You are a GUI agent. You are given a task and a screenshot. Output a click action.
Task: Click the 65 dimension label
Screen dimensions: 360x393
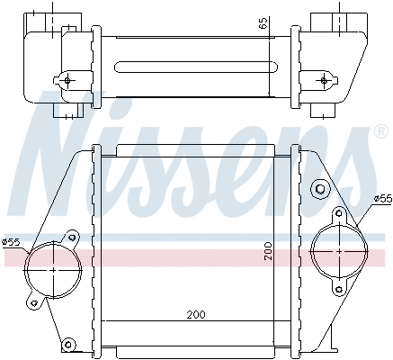pos(263,24)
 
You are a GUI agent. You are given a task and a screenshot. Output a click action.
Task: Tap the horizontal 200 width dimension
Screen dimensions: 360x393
pos(196,315)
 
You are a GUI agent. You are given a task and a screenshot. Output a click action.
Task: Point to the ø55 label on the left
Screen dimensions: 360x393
pos(12,241)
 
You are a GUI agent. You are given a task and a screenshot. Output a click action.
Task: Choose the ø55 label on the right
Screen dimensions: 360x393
pos(380,198)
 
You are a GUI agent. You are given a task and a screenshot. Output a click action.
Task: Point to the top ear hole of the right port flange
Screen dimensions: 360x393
pos(339,215)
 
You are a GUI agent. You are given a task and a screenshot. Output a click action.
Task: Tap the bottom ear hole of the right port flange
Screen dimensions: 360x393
pos(338,287)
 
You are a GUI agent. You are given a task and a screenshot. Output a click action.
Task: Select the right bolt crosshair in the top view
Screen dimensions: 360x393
pos(324,80)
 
